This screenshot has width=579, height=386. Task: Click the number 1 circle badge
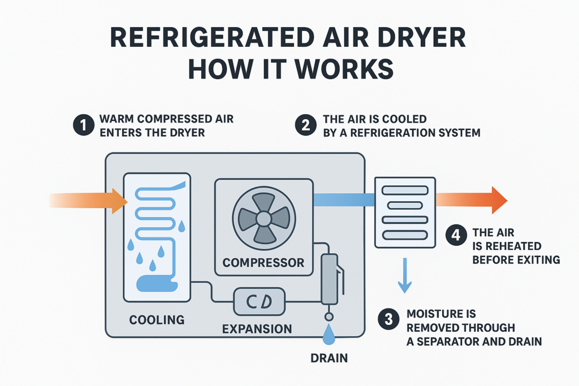tap(84, 125)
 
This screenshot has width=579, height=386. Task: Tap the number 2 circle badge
tap(305, 125)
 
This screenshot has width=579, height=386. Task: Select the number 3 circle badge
tap(388, 319)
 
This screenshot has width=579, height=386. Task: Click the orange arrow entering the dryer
tap(90, 200)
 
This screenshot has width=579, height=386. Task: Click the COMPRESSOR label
tap(263, 262)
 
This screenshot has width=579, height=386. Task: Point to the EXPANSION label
tap(257, 328)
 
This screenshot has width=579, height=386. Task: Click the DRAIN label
tap(329, 357)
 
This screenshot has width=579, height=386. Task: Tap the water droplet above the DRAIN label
tap(329, 336)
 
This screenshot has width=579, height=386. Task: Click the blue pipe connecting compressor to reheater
tap(344, 199)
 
